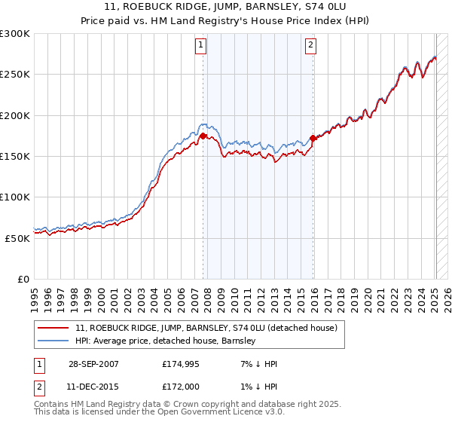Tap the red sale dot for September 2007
(x=203, y=136)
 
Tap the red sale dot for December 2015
(x=313, y=139)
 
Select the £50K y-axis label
(x=17, y=237)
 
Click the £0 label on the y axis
(x=23, y=278)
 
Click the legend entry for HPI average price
(x=166, y=341)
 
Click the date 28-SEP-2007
(x=94, y=364)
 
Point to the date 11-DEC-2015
(x=94, y=387)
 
